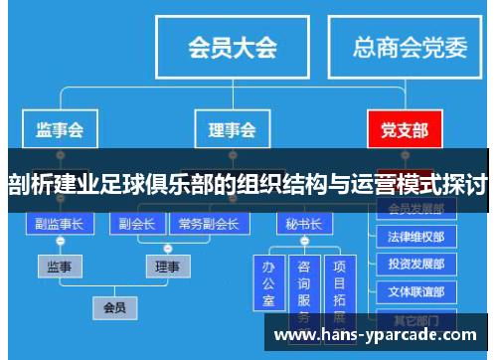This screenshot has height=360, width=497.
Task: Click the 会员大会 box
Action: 233,46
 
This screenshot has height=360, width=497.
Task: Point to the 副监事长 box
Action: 60,223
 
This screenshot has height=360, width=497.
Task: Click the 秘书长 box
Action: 302,223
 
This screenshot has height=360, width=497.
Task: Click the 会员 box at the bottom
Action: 114,307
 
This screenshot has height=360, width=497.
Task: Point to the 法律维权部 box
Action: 416,237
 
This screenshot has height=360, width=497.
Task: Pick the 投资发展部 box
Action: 416,265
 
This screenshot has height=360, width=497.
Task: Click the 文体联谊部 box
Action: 416,292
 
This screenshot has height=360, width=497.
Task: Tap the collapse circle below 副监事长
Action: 60,242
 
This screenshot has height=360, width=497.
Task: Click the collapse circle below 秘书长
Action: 302,242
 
